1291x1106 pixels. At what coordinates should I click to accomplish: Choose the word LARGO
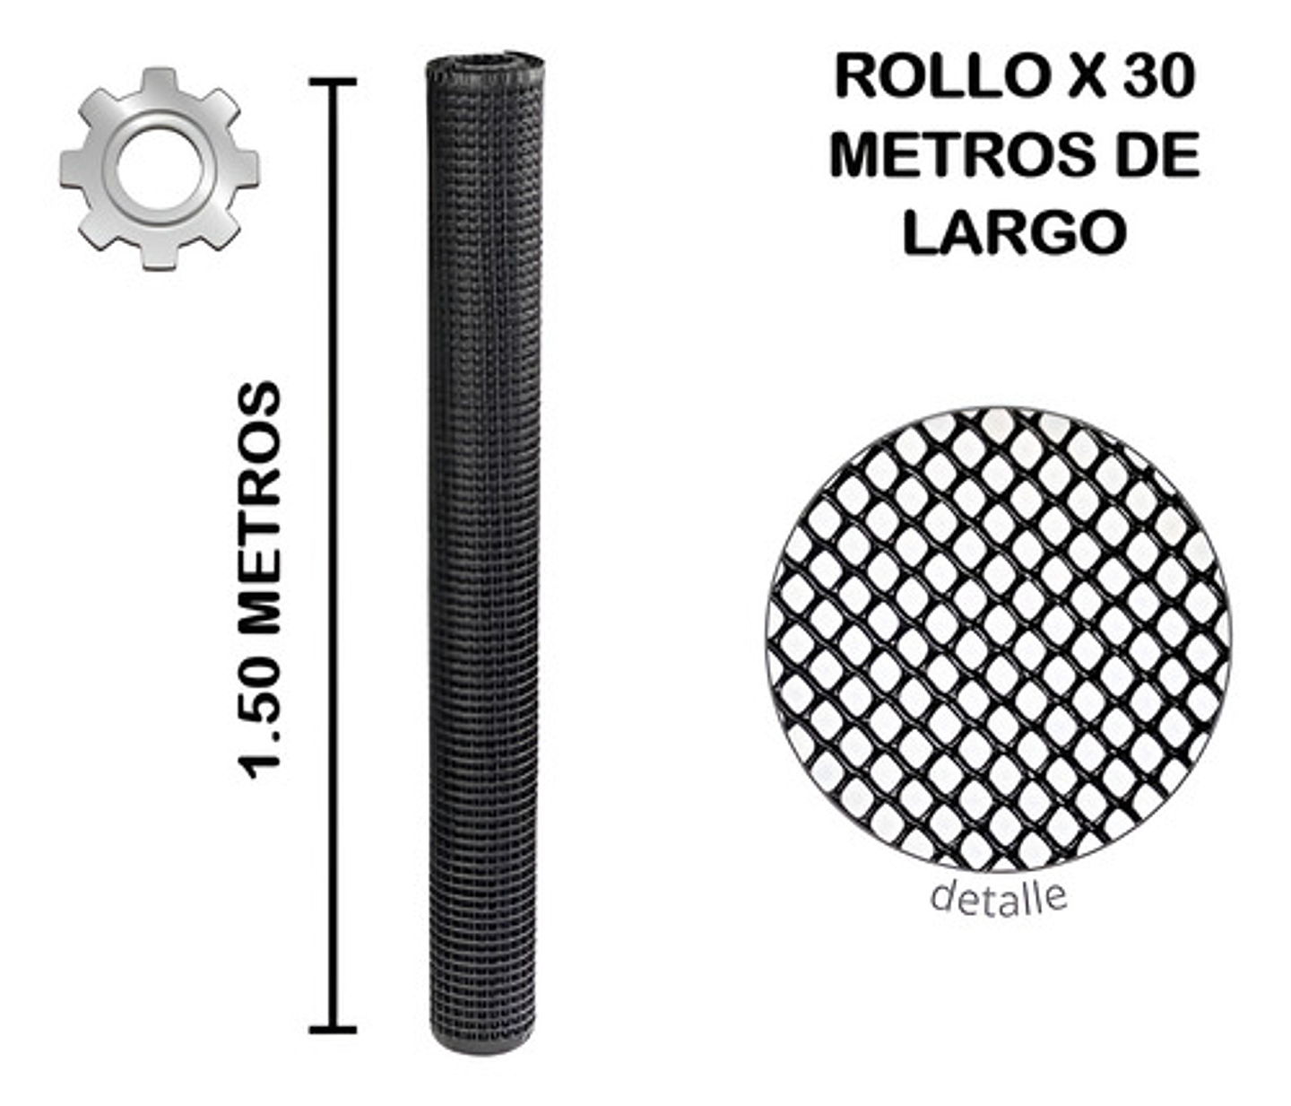click(x=1014, y=232)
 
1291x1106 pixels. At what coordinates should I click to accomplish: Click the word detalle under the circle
click(x=998, y=896)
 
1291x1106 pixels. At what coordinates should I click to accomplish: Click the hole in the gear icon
click(x=159, y=168)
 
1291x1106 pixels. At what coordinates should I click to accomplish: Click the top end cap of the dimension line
click(x=333, y=82)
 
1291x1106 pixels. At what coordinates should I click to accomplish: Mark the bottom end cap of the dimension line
click(x=333, y=1030)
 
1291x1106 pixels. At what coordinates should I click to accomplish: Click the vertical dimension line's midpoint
click(x=333, y=556)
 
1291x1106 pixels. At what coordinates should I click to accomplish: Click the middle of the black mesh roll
click(x=485, y=556)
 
